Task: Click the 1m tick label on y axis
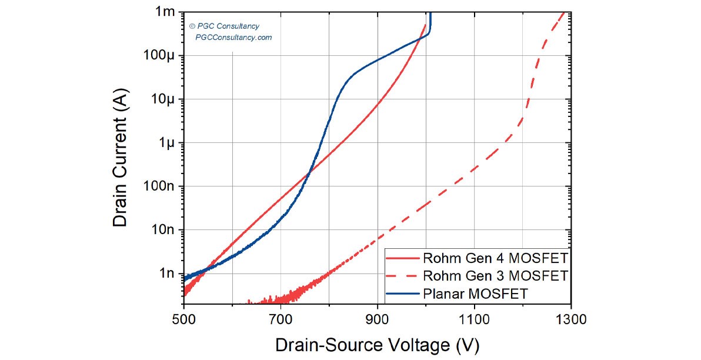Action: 164,12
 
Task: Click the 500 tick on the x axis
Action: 184,320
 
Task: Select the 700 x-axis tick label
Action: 281,320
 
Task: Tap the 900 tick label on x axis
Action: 378,320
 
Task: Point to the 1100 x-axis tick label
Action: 474,320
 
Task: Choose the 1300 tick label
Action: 570,320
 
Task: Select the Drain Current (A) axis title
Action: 121,162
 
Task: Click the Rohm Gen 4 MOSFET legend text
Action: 495,258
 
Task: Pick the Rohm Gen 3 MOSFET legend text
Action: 495,275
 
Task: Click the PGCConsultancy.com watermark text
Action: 233,38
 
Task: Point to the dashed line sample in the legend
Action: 403,275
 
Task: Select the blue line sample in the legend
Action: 403,292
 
